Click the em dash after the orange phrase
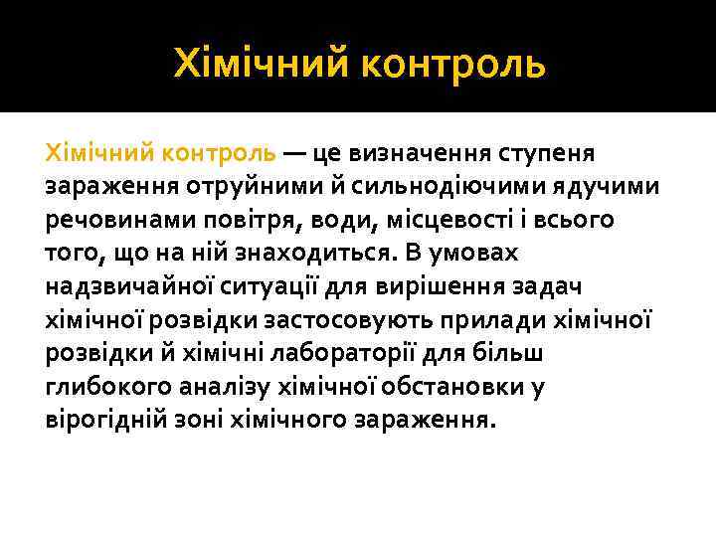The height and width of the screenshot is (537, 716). click(x=294, y=154)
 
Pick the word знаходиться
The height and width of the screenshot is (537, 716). click(x=311, y=253)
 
